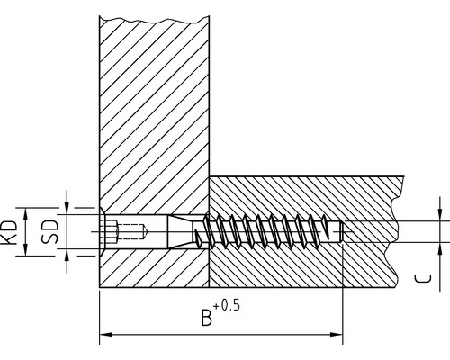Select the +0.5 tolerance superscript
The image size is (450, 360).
tap(229, 306)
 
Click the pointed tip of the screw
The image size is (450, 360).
tap(345, 232)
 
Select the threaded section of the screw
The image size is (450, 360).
tap(270, 232)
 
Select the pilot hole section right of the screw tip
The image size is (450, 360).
tap(369, 232)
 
